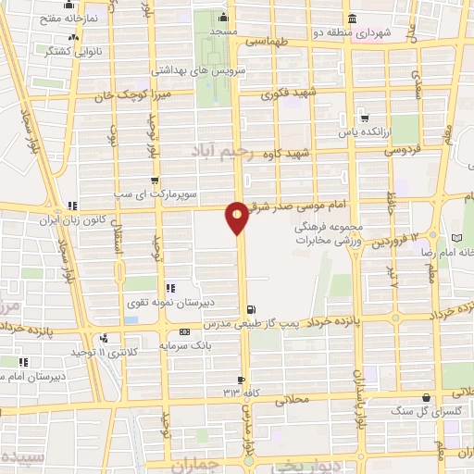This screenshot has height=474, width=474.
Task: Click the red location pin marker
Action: [237, 217]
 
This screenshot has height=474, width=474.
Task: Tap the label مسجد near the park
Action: [223, 31]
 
